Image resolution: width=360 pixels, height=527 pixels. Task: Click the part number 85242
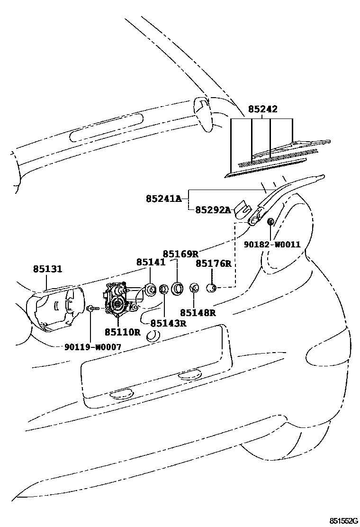point(263,109)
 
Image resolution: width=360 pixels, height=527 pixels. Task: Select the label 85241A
point(163,199)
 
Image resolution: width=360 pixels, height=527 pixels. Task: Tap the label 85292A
point(213,210)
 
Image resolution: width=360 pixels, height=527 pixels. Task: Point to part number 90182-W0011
point(272,244)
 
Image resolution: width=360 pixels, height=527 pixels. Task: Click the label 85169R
point(180,254)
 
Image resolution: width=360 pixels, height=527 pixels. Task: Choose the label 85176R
point(214,263)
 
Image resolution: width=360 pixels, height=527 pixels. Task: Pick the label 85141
point(151,262)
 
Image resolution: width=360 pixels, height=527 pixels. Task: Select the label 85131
point(47,269)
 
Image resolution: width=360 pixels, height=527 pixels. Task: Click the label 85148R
point(198,312)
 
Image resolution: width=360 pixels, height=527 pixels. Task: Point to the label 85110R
point(123,332)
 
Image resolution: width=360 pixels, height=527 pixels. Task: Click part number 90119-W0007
point(93,347)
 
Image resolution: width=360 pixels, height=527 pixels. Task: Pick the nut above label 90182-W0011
point(271,221)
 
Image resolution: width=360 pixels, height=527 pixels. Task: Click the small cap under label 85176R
point(213,288)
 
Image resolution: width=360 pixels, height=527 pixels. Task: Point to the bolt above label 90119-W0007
point(90,309)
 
